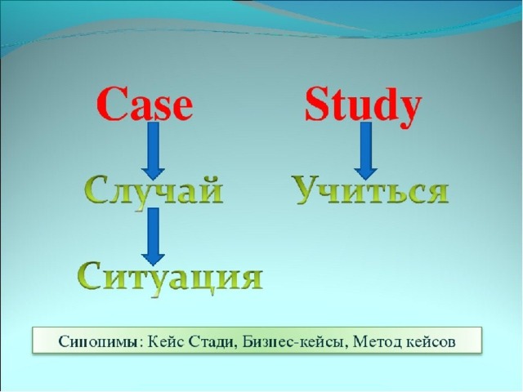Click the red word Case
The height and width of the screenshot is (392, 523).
(145, 104)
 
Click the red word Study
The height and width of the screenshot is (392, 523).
(364, 107)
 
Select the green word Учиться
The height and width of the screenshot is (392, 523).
(371, 189)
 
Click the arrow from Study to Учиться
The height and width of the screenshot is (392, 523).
(366, 150)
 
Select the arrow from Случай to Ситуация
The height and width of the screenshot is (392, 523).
(153, 236)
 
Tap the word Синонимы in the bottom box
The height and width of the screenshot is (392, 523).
(98, 342)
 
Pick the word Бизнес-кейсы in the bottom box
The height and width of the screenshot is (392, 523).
(296, 341)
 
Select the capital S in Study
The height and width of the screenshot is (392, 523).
(317, 104)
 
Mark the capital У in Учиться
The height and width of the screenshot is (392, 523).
(307, 189)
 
